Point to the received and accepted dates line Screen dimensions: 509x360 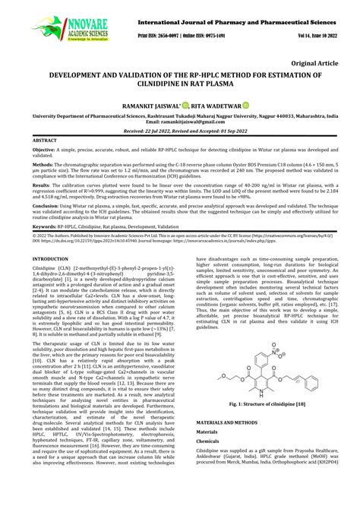click(x=179, y=131)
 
